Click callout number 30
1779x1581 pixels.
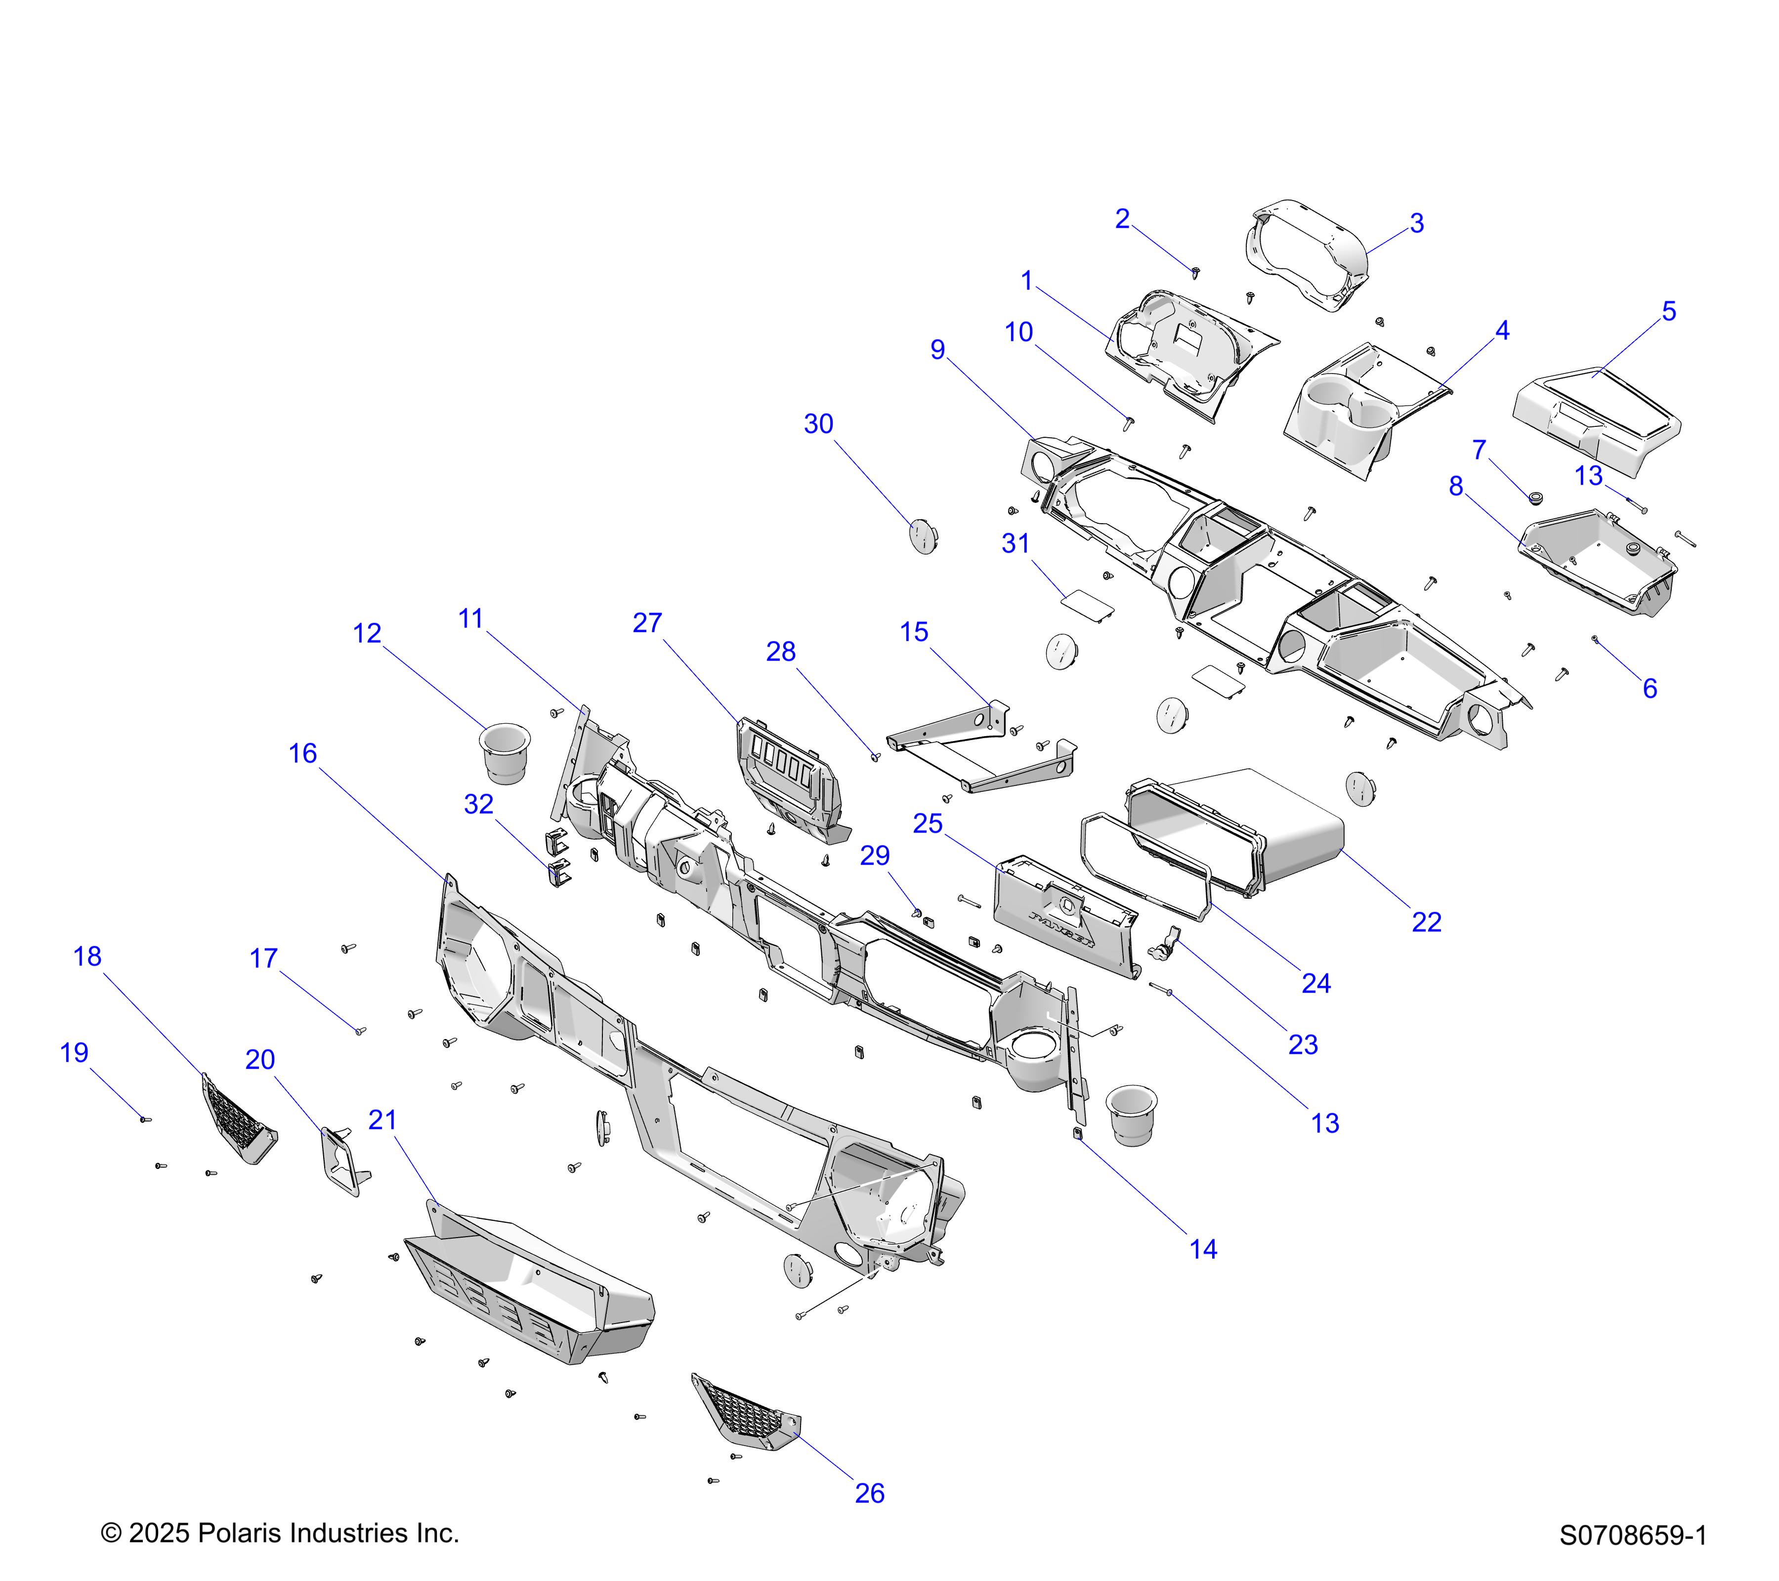click(818, 424)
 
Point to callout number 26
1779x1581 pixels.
click(869, 1493)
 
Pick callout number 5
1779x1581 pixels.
click(1668, 311)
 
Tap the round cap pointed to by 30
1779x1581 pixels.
click(923, 537)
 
